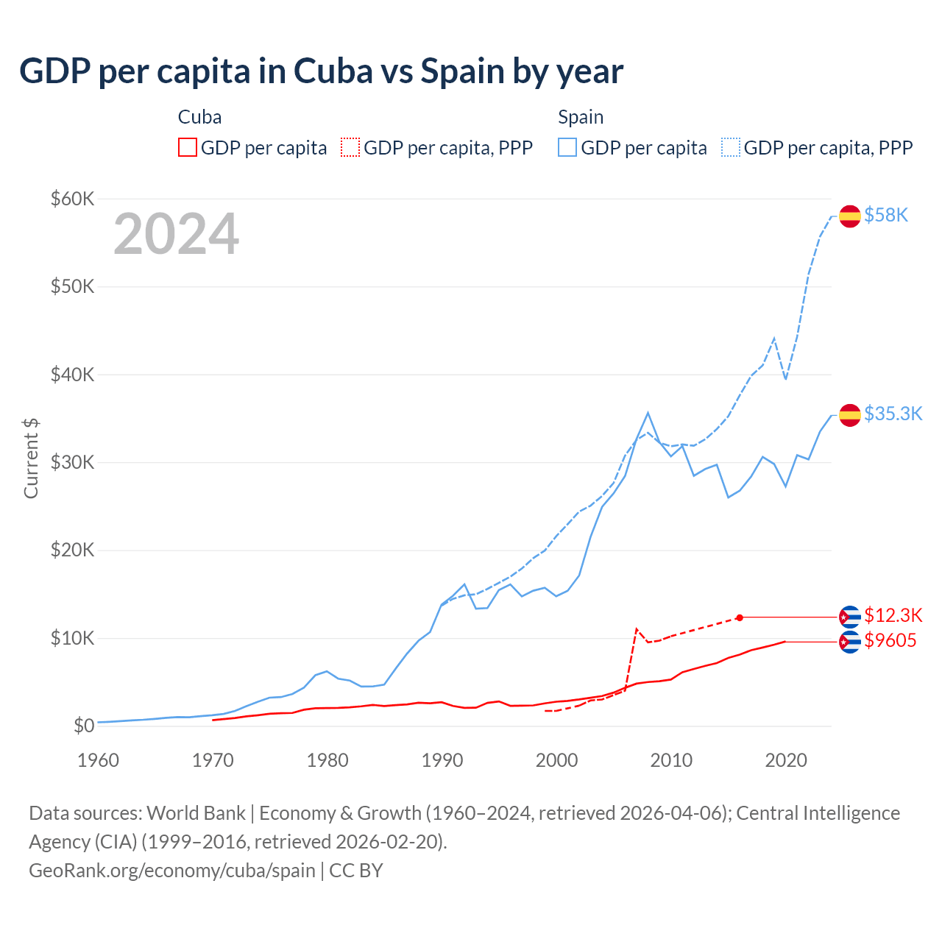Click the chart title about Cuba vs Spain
321,71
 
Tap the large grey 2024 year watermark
177,234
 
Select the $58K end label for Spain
886,215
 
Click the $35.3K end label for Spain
893,414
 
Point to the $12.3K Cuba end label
893,615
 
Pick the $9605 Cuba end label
890,640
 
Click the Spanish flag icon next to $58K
850,216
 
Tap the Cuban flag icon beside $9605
850,642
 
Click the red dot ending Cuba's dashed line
740,617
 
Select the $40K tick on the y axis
72,375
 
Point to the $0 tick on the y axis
84,726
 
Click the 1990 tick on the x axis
442,760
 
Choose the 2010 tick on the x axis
671,760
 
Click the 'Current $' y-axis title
31,458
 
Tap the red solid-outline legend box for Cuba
188,148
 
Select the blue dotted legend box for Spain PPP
731,148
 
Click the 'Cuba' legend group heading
199,117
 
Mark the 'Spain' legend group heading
581,117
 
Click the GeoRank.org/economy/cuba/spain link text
172,870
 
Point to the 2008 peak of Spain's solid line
648,413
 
